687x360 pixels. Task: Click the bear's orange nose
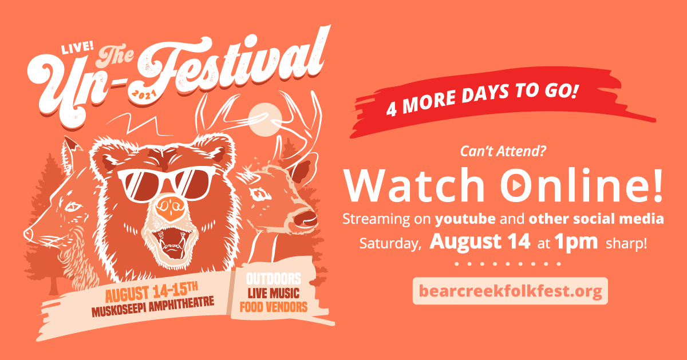pos(171,208)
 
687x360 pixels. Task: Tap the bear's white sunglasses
pos(165,184)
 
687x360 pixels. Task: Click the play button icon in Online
pos(516,185)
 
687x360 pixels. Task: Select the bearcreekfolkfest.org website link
pos(510,291)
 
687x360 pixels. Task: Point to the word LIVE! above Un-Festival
pos(77,48)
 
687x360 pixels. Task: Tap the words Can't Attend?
pos(503,151)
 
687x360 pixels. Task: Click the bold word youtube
pos(465,219)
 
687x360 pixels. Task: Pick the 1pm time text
pos(576,242)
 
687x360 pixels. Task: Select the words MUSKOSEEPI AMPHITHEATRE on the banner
pos(153,307)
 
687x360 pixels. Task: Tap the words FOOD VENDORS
pos(274,307)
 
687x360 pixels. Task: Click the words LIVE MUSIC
pos(274,293)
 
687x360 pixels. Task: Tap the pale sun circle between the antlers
pos(265,120)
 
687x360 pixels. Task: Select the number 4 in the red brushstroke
pos(392,110)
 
